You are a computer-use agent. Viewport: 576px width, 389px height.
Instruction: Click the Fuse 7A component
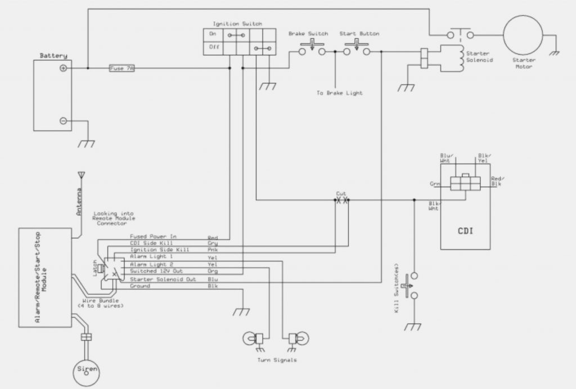121,69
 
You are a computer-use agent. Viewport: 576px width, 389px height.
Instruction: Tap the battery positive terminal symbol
64,69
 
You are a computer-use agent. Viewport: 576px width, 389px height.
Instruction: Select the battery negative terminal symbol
64,120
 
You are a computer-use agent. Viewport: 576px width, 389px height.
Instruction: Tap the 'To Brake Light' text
340,93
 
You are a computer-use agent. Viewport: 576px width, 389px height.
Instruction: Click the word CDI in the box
465,230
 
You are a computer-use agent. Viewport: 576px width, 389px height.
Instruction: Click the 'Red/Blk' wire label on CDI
496,180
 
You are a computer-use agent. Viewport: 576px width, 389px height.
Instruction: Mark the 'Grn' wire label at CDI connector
434,183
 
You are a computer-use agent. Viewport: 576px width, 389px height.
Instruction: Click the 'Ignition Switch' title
237,24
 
